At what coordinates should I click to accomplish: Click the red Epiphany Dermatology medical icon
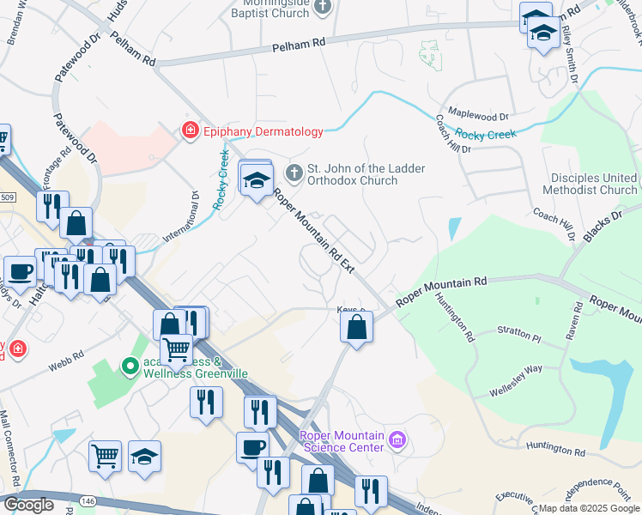pos(188,131)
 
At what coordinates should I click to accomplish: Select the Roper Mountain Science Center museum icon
pos(397,441)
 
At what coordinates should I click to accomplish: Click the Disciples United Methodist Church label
pos(594,184)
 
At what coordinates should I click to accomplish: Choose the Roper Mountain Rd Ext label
pos(313,230)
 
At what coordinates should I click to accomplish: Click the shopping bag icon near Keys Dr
pos(356,327)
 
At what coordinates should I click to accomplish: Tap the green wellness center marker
pos(130,367)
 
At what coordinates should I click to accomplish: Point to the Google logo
pos(28,505)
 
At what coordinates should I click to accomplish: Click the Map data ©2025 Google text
pos(589,508)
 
